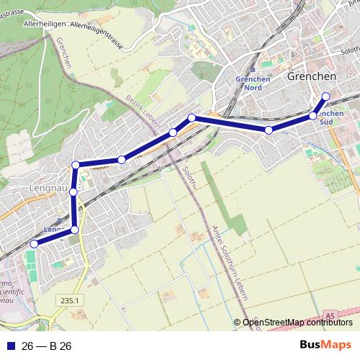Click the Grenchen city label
312,76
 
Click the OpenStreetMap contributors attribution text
297,323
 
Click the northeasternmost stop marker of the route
325,96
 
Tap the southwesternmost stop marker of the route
33,244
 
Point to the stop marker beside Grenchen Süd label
312,115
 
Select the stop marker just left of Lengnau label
73,192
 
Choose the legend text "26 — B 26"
47,346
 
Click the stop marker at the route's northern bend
192,117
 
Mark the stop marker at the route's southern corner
75,230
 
